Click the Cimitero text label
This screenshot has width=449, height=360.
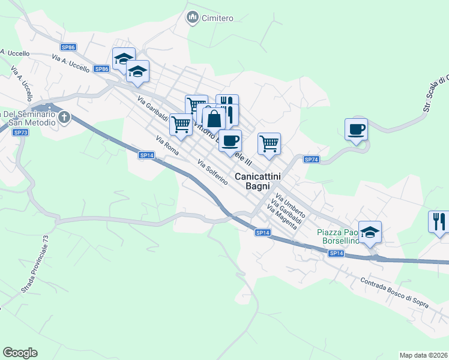click(217, 18)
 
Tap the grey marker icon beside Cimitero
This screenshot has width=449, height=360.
click(193, 18)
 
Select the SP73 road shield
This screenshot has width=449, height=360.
click(20, 132)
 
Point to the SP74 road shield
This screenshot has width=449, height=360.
click(311, 160)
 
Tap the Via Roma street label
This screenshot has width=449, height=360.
click(167, 146)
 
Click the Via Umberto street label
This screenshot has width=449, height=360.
click(291, 205)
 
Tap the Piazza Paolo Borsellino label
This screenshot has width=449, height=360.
click(337, 236)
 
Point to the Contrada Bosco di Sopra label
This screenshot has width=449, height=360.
click(394, 293)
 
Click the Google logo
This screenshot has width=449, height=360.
click(20, 353)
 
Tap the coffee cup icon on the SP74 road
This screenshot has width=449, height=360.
click(357, 128)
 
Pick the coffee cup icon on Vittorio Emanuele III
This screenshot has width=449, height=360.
click(230, 140)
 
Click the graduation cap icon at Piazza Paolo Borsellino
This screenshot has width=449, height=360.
click(370, 232)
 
